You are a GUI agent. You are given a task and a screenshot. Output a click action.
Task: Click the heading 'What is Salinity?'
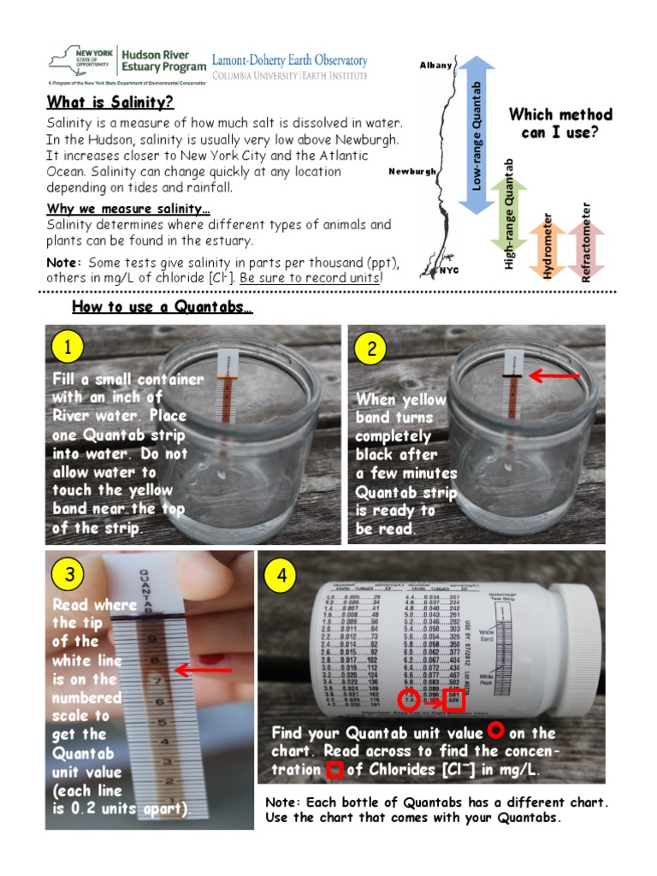click(x=109, y=103)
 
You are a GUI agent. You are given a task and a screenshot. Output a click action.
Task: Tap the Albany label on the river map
click(x=435, y=66)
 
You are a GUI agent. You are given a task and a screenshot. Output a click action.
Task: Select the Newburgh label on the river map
click(x=411, y=171)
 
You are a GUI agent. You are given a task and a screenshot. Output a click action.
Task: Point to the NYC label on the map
click(x=449, y=270)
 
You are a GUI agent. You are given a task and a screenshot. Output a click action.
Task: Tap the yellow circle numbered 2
click(x=370, y=348)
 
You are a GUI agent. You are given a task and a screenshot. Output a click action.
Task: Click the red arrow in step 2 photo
click(x=555, y=375)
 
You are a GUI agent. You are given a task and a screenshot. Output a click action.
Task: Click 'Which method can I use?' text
click(x=560, y=123)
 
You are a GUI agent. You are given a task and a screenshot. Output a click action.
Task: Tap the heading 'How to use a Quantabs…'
click(x=162, y=307)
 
